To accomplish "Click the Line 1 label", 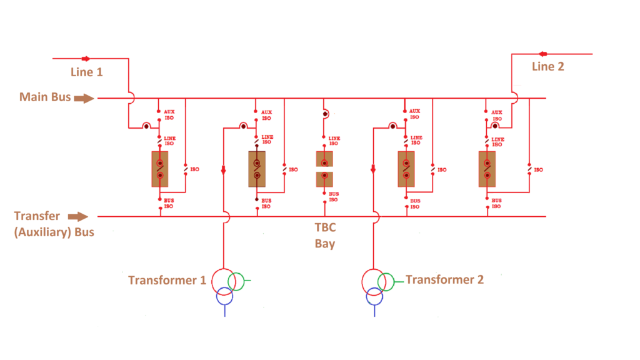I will pos(86,72).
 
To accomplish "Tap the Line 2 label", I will pos(548,66).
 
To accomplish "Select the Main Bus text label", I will pos(45,97).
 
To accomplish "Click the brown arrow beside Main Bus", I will pos(85,97).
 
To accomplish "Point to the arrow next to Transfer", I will pos(78,216).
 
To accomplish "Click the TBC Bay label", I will pos(325,236).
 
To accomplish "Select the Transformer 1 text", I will pos(167,280).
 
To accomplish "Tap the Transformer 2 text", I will pos(444,279).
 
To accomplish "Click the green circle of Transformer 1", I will pos(236,281).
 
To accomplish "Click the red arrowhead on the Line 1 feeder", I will pos(86,59).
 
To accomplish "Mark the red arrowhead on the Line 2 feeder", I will pos(543,54).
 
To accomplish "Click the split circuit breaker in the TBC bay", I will pos(324,169).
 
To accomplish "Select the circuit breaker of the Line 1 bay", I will pos(160,169).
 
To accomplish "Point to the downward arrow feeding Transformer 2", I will pos(373,169).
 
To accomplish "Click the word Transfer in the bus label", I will pos(37,216).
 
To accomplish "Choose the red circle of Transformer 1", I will pos(222,282).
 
